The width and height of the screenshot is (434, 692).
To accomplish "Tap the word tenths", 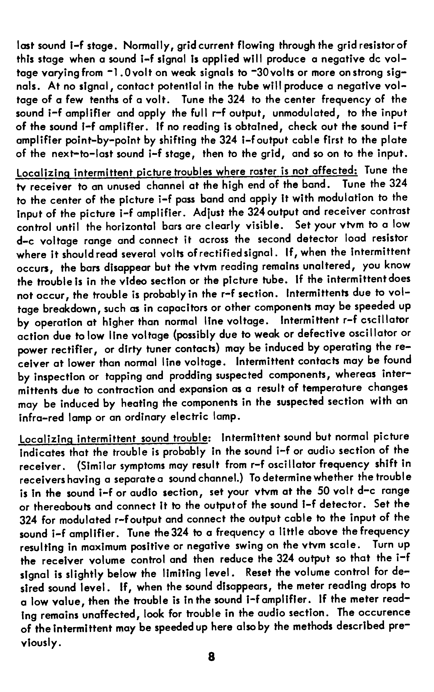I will pyautogui.click(x=103, y=100).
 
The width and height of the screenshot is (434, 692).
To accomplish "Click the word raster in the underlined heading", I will pyautogui.click(x=260, y=172).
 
